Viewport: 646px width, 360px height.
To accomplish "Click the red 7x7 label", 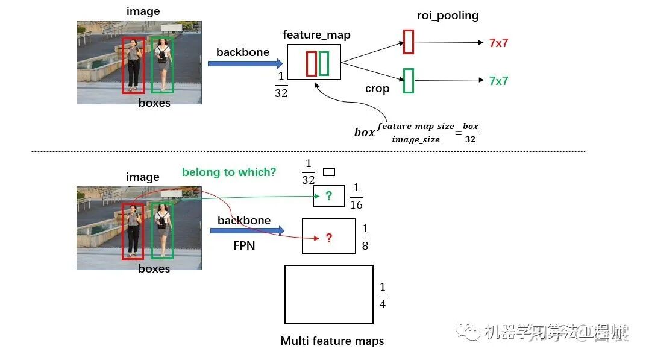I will coord(499,43).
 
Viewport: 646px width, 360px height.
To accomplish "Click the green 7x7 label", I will coord(499,81).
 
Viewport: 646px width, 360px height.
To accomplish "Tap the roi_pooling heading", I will coord(448,16).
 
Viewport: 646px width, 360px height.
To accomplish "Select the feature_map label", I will coord(316,34).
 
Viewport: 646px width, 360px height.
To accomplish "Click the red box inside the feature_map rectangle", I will coord(311,63).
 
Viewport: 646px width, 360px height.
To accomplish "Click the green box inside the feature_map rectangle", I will coord(324,63).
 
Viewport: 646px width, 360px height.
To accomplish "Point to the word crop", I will coord(377,89).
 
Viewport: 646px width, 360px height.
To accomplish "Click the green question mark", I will coord(328,196).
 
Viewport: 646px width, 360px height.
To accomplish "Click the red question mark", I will coord(328,238).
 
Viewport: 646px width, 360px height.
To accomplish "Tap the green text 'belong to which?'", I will coord(229,172).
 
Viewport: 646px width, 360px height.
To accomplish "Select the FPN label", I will coord(245,247).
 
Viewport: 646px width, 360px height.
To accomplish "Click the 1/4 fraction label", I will coord(382,295).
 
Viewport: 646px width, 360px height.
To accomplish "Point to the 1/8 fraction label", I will coord(365,237).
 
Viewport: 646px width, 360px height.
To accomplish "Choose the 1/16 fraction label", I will coord(356,197).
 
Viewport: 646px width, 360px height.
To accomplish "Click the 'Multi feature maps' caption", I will coord(332,341).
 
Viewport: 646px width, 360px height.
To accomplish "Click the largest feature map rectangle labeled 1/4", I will coord(328,294).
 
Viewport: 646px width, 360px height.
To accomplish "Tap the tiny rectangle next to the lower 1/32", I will coord(329,172).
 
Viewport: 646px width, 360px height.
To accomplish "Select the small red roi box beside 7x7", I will coord(409,42).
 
